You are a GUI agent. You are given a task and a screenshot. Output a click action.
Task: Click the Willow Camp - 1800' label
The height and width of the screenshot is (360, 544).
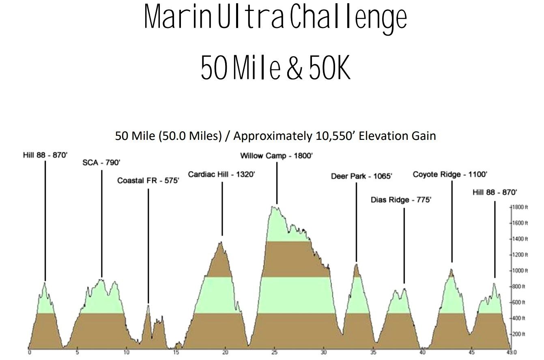tap(276, 156)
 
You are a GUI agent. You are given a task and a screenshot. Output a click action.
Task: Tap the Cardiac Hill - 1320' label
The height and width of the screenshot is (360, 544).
tap(221, 175)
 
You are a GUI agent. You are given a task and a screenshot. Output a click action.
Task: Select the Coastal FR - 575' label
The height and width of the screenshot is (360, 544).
tap(148, 181)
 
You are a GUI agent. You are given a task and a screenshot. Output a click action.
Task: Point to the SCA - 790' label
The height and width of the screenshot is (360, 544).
tap(101, 163)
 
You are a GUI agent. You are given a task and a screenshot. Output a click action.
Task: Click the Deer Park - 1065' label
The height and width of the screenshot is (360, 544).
tap(356, 176)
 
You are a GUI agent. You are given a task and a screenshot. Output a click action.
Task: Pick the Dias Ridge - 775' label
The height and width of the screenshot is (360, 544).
tap(401, 200)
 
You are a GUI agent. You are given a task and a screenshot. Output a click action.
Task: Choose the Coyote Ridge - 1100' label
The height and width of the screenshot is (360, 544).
tap(450, 175)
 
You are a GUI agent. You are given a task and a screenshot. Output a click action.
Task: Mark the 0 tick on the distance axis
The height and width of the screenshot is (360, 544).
tap(29, 352)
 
